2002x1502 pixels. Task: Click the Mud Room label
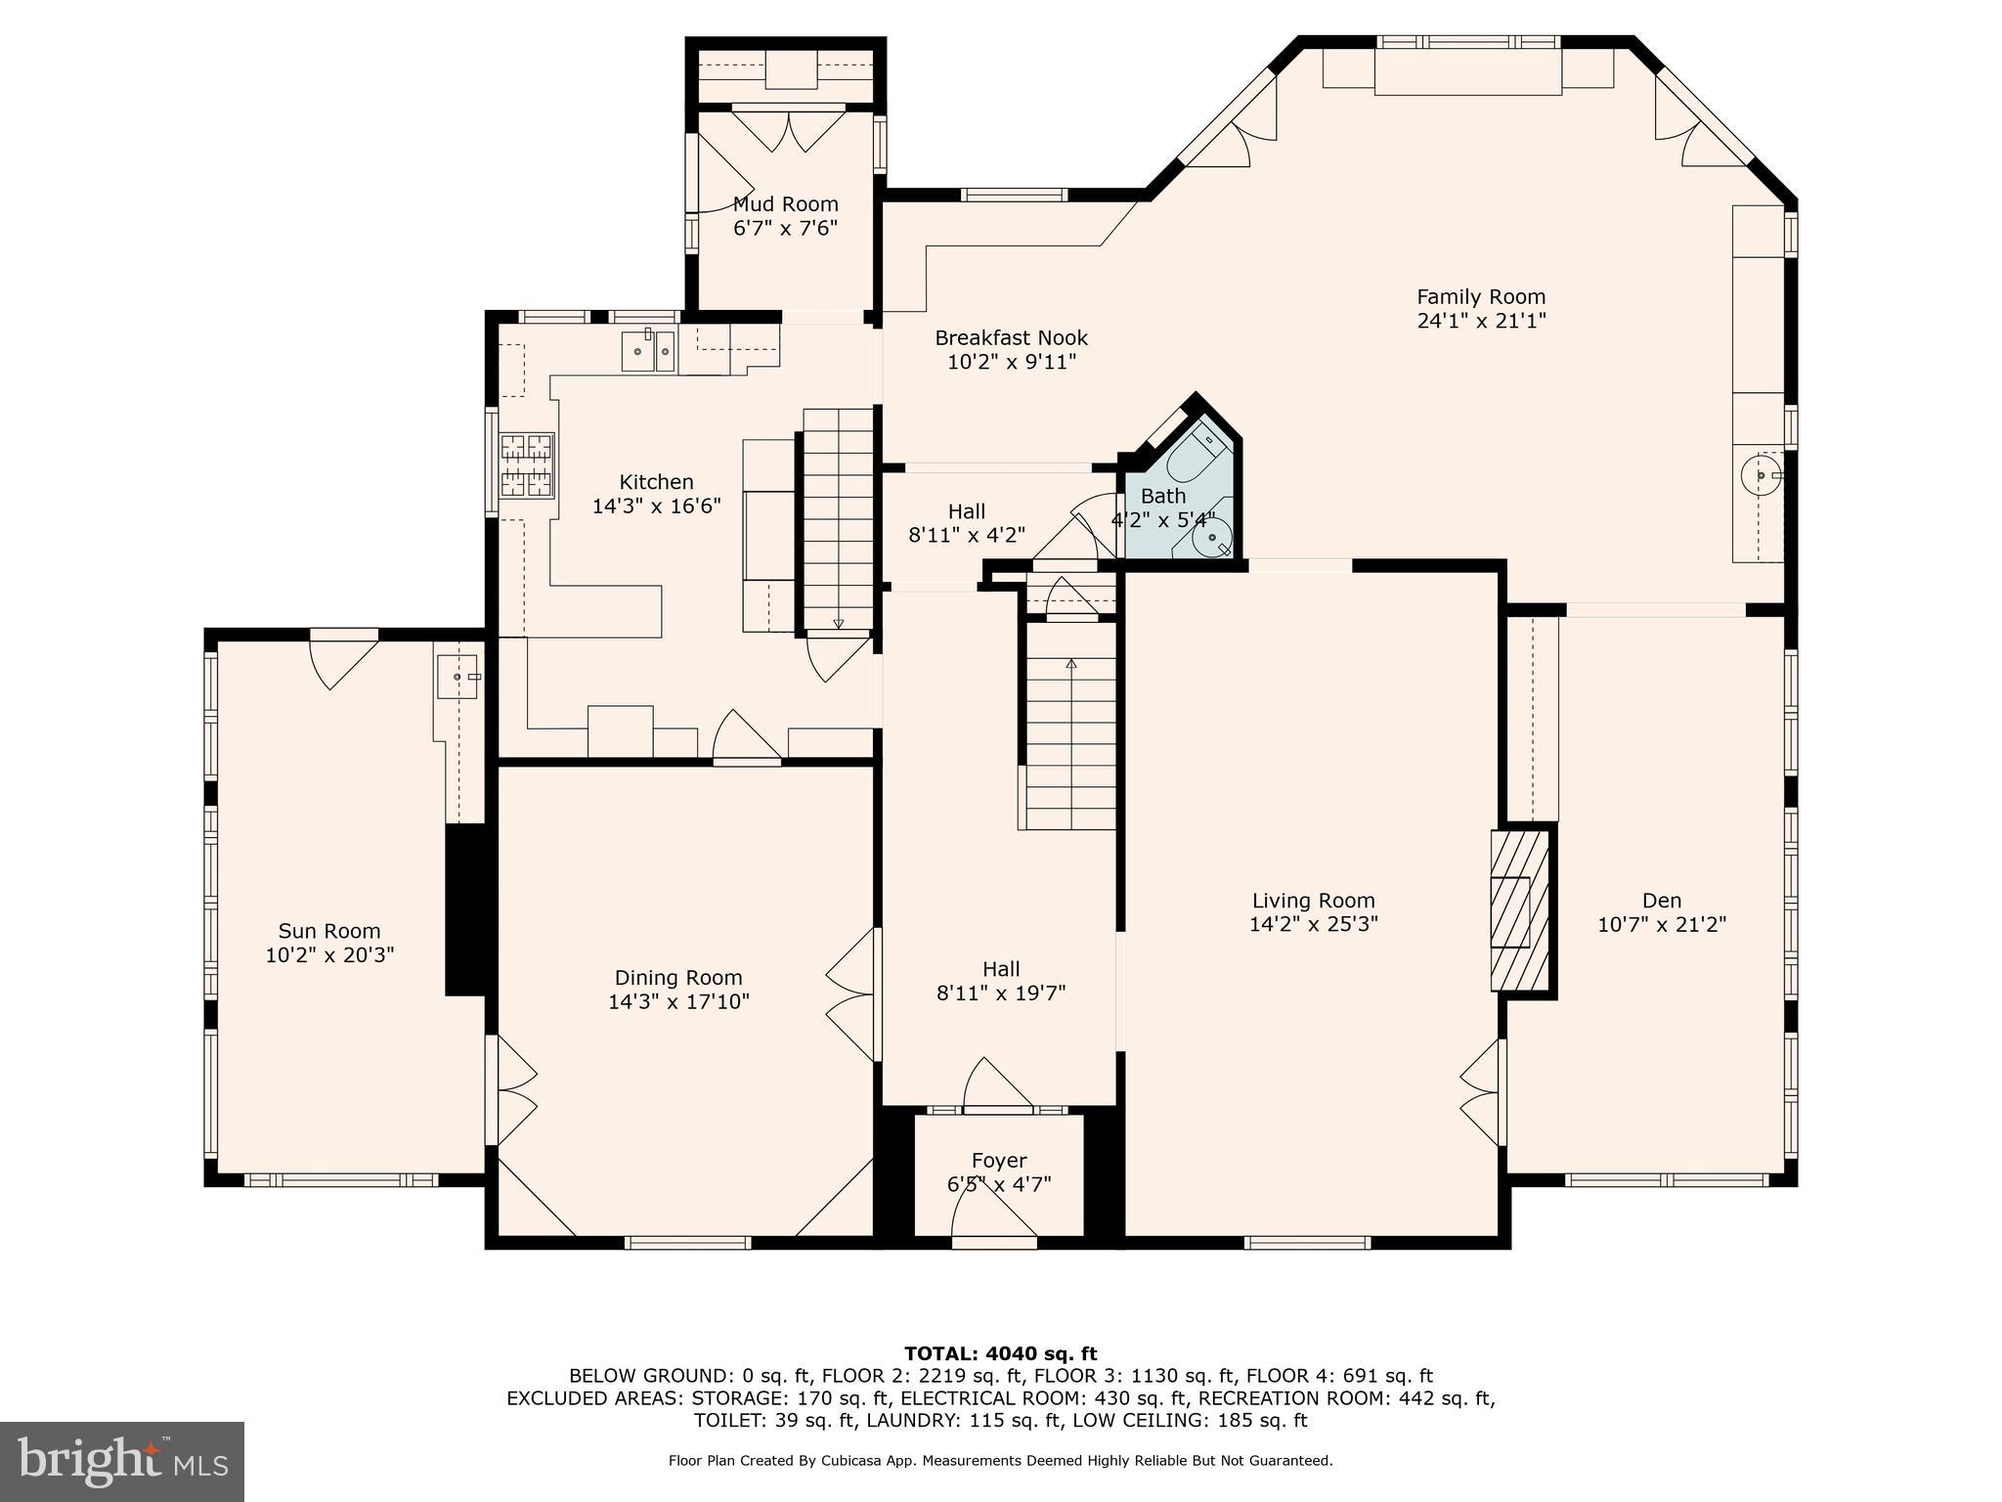click(785, 204)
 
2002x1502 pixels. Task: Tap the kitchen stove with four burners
click(527, 465)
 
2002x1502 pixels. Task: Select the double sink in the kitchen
click(648, 352)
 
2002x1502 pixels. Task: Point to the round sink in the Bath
click(1213, 537)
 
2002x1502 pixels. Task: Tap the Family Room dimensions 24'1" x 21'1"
click(1481, 321)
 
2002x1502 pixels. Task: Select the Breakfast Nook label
click(1011, 338)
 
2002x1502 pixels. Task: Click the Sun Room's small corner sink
click(457, 676)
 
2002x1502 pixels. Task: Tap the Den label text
click(1662, 901)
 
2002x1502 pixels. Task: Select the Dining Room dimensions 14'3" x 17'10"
click(678, 1001)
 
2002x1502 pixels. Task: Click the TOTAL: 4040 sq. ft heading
click(1000, 1353)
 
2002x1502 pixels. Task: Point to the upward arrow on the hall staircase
click(1070, 664)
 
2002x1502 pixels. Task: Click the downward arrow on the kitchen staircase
click(838, 623)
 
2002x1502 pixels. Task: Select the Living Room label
click(1313, 901)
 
